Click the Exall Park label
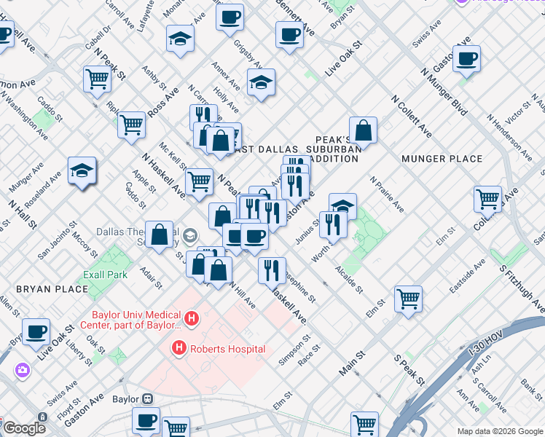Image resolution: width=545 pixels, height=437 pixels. [106, 275]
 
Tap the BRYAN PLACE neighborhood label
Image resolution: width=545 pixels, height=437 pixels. [52, 289]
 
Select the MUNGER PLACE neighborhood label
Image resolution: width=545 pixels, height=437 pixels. [442, 158]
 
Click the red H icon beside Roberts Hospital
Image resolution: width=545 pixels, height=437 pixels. [179, 349]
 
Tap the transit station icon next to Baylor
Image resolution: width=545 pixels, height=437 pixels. [148, 399]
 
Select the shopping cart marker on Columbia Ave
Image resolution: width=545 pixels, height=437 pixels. [487, 197]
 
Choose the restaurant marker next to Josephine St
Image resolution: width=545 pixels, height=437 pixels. [272, 270]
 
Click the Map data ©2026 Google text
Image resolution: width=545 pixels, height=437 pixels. [500, 430]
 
